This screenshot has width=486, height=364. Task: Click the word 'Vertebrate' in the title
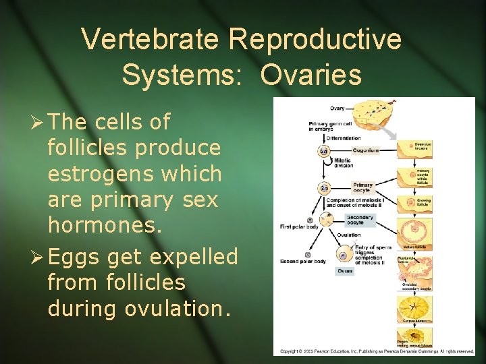(151, 40)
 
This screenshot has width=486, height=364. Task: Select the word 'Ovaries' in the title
(311, 75)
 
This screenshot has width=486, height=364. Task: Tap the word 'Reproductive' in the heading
(315, 40)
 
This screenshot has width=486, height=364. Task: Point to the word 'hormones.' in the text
(105, 226)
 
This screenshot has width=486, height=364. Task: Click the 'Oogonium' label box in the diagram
(365, 151)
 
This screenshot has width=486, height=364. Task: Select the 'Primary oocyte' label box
(362, 187)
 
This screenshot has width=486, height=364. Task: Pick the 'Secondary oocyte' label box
(359, 220)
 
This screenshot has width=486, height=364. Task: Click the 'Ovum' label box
(345, 271)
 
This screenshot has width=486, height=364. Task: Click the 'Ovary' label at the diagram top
(337, 108)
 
